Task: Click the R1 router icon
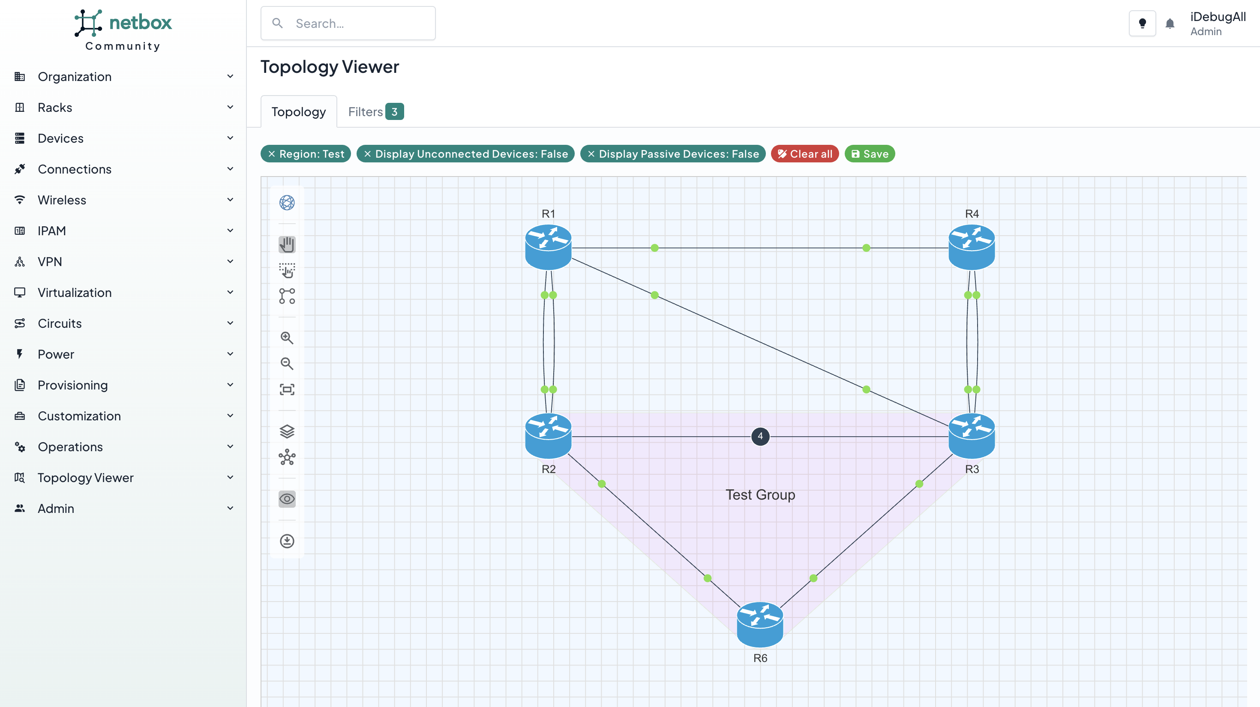pyautogui.click(x=548, y=247)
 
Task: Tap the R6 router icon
pyautogui.click(x=759, y=624)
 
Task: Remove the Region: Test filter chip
pyautogui.click(x=271, y=154)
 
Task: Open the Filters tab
pyautogui.click(x=375, y=112)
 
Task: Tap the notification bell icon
pyautogui.click(x=1170, y=24)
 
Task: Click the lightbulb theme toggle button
pyautogui.click(x=1142, y=24)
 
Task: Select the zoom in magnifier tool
pyautogui.click(x=287, y=338)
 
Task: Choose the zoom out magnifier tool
pyautogui.click(x=287, y=364)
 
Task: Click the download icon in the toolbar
pyautogui.click(x=287, y=541)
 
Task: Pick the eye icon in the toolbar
pyautogui.click(x=287, y=499)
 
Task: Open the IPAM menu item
pyautogui.click(x=51, y=231)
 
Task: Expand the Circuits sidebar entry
pyautogui.click(x=60, y=323)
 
